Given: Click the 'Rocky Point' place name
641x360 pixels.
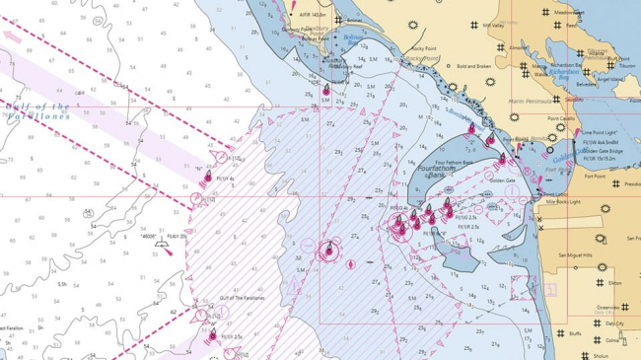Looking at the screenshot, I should [424, 47].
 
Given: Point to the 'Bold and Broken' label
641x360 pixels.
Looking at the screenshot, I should [474, 66].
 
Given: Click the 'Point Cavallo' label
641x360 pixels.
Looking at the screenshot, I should [561, 118].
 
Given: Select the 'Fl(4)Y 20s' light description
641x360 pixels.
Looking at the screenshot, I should [177, 237].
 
